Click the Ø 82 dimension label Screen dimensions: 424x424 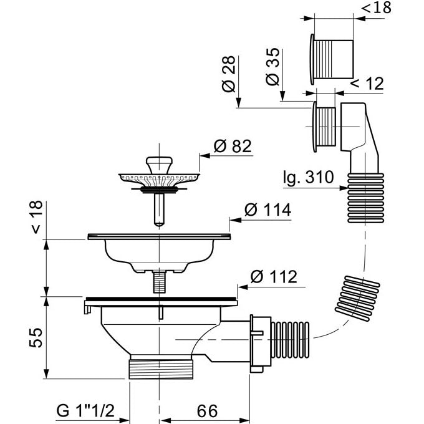(232, 147)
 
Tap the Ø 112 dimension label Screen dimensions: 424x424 (273, 276)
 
